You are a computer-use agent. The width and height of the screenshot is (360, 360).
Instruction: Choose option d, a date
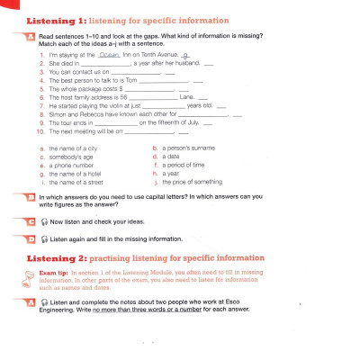169,157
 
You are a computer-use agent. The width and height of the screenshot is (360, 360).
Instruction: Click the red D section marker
31,238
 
